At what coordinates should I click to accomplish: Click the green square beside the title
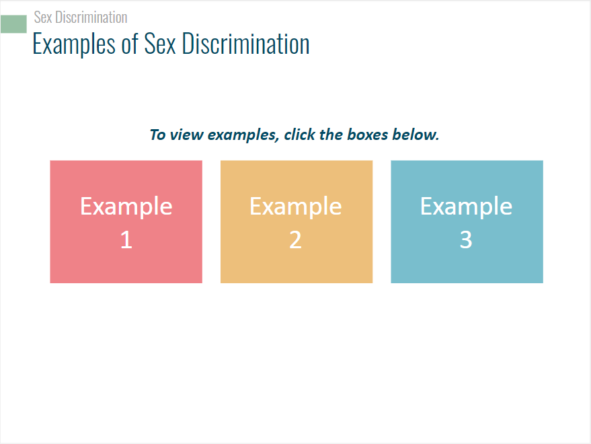[13, 24]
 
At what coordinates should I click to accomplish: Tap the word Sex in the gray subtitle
[43, 17]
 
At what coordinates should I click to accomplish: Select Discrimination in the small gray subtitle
[91, 17]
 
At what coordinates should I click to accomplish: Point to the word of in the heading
[130, 44]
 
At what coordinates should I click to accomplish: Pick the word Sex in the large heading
[160, 44]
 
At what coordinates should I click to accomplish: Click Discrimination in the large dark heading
[246, 44]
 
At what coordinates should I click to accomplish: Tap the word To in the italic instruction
[157, 135]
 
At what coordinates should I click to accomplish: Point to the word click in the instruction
[299, 135]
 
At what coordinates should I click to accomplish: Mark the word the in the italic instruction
[331, 135]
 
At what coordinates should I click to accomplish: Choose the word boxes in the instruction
[368, 135]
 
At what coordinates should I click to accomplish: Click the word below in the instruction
[416, 135]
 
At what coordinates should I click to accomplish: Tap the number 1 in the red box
[126, 239]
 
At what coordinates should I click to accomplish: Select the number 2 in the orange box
[296, 239]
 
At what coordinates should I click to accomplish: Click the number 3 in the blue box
[466, 239]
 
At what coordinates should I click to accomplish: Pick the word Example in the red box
[126, 207]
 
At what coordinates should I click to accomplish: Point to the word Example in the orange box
[296, 207]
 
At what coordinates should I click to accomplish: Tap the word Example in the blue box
[466, 207]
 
